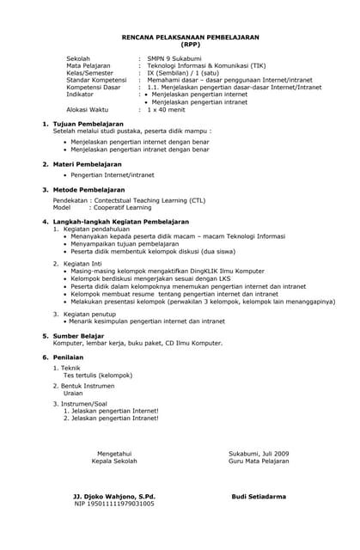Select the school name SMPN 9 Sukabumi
coord(178,58)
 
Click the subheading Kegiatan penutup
coord(93,315)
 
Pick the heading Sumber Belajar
coord(79,335)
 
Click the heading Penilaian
coord(69,357)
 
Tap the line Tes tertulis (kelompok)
coord(98,375)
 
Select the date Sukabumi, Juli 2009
coord(259,453)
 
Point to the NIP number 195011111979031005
coord(114,504)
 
